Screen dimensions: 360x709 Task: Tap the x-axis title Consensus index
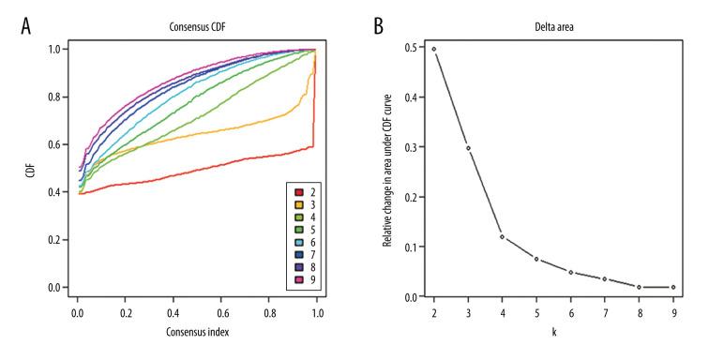coord(197,331)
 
